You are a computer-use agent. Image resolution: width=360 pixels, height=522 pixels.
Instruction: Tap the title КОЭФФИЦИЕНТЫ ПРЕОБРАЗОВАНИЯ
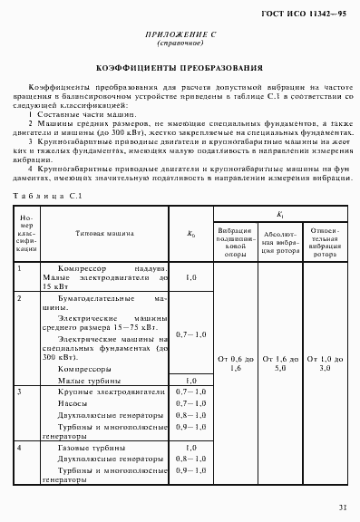pos(180,68)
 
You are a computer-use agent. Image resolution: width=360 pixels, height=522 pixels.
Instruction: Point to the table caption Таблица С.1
pos(49,195)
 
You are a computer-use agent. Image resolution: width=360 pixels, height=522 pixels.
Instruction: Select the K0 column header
pos(191,234)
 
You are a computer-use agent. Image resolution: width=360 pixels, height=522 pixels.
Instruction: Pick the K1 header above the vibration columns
pos(281,214)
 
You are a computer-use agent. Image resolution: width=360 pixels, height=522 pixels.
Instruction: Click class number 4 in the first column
pos(20,449)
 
